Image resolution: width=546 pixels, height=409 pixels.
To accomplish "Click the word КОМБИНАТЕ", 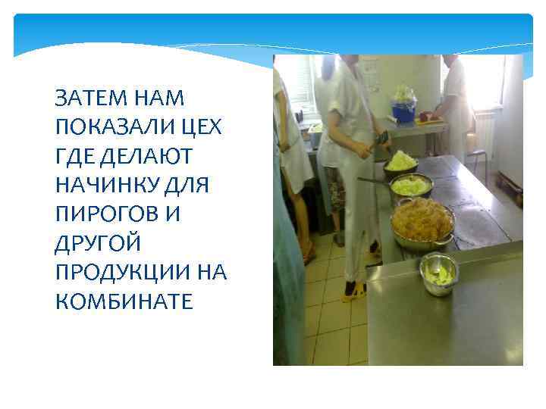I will click(x=125, y=301).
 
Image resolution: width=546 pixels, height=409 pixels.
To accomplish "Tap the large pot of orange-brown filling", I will click(x=422, y=222).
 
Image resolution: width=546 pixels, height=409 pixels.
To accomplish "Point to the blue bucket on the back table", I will click(x=403, y=112).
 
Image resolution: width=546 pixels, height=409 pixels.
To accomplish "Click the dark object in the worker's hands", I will click(x=382, y=139).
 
